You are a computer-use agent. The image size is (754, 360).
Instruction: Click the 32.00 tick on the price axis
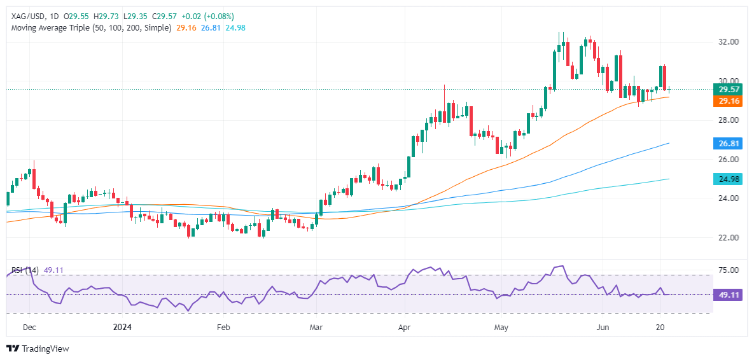tap(727, 42)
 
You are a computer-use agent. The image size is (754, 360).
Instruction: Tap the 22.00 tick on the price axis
tap(727, 237)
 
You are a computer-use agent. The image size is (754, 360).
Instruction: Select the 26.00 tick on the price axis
tap(727, 159)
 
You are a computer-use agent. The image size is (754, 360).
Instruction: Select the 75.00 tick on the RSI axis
tap(727, 270)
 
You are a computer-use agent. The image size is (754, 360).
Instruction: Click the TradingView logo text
tap(45, 349)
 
